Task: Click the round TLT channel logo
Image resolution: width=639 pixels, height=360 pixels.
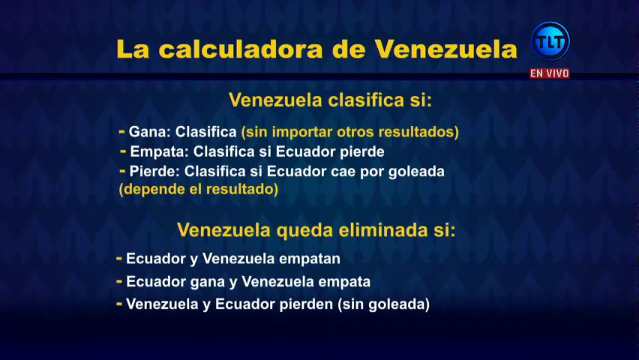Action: coord(550,41)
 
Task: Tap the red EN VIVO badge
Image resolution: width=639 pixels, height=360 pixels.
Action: coord(549,73)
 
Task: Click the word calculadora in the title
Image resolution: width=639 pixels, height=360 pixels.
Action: coord(241,49)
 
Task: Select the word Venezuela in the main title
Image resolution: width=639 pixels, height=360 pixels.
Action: coord(445,49)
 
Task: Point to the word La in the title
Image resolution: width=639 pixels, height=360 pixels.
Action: coord(133,49)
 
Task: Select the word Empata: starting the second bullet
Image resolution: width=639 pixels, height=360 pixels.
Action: coord(159,151)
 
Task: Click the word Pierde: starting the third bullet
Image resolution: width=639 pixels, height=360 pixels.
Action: coord(154,171)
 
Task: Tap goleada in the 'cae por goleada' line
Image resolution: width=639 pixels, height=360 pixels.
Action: coord(416,172)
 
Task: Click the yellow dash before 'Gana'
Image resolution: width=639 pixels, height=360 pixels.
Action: coord(121,131)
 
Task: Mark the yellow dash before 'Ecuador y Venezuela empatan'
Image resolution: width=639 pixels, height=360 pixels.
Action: coord(119,258)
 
